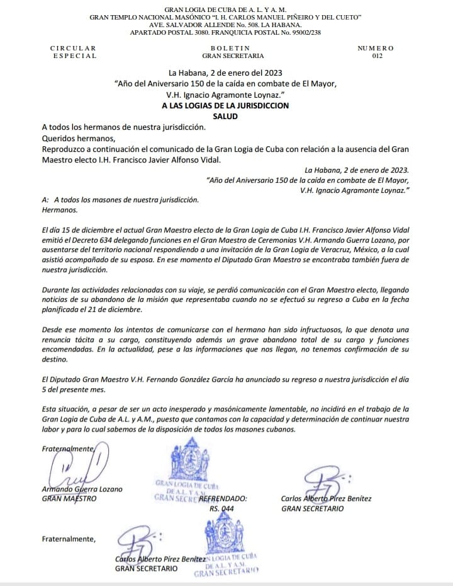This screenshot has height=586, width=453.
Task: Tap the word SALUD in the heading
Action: tap(225, 117)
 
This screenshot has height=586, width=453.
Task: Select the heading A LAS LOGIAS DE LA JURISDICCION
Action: tap(225, 106)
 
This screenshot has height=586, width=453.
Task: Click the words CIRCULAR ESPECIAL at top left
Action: tap(74, 52)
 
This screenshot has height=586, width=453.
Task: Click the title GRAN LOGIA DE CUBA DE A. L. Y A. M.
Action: tap(225, 8)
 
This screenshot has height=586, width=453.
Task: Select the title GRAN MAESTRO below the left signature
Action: tap(69, 498)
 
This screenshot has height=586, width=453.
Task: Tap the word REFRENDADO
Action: tap(223, 498)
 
